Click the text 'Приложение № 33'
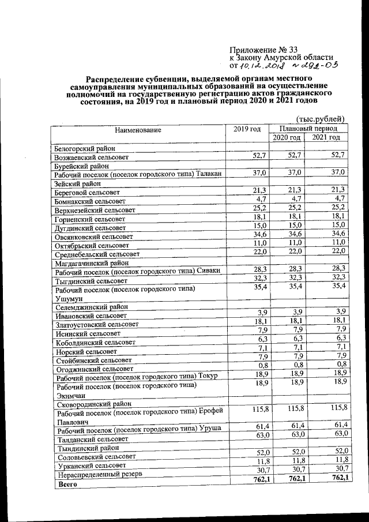pyautogui.click(x=263, y=49)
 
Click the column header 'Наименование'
pyautogui.click(x=138, y=130)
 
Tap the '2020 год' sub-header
pyautogui.click(x=287, y=138)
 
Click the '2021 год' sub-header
pyautogui.click(x=326, y=138)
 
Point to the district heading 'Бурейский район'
pyautogui.click(x=81, y=166)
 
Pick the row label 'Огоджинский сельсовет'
pyautogui.click(x=95, y=367)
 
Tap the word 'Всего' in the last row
pyautogui.click(x=65, y=485)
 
